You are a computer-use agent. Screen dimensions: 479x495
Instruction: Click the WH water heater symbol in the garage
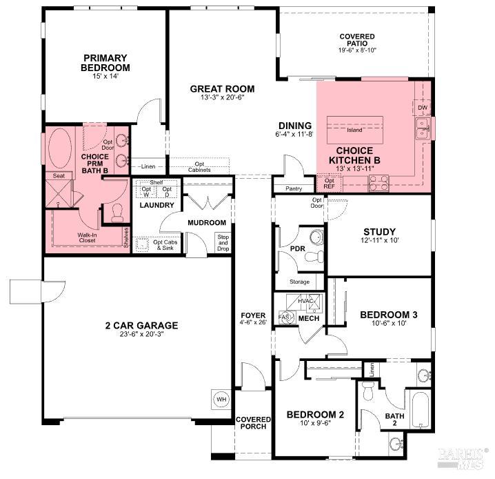221,400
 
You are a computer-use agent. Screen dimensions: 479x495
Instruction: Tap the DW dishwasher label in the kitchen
422,108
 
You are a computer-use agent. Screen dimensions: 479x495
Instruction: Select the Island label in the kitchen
355,129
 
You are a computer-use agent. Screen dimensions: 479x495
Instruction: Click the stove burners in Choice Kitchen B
378,182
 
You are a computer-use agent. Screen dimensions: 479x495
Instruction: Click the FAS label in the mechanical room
283,317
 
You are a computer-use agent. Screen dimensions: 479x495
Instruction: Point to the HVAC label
306,301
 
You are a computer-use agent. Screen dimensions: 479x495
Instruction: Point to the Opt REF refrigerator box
330,183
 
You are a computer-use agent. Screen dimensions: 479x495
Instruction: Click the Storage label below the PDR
299,282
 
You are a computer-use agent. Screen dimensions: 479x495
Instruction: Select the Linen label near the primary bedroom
148,166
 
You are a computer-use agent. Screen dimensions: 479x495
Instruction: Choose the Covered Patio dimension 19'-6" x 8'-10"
357,50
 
